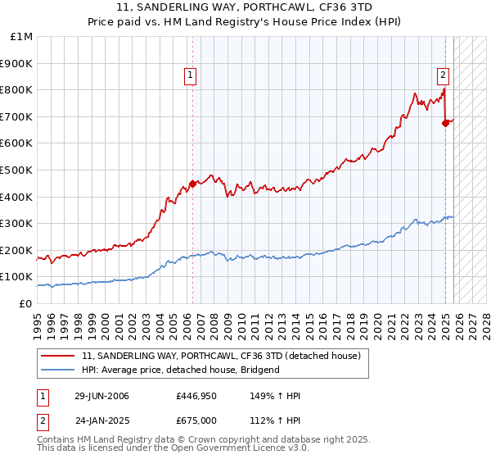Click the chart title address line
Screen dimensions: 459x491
tap(245, 8)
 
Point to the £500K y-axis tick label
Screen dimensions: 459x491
tap(17, 170)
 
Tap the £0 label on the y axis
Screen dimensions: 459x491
tap(25, 304)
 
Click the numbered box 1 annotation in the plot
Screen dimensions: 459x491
tap(190, 75)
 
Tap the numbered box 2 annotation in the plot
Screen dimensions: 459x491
tap(443, 75)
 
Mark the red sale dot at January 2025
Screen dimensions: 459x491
tap(446, 123)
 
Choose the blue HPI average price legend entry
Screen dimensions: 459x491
tap(180, 370)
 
